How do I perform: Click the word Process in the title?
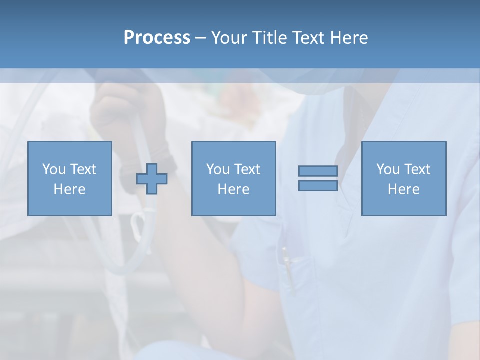pyautogui.click(x=157, y=38)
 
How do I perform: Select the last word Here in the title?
pyautogui.click(x=349, y=38)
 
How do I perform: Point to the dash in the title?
pyautogui.click(x=201, y=38)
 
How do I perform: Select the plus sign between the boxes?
pyautogui.click(x=152, y=179)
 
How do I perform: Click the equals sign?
pyautogui.click(x=318, y=178)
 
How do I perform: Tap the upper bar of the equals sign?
pyautogui.click(x=318, y=171)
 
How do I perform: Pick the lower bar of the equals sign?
pyautogui.click(x=318, y=186)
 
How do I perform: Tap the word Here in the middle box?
pyautogui.click(x=233, y=189)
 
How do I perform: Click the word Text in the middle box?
pyautogui.click(x=247, y=169)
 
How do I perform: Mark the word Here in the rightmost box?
pyautogui.click(x=403, y=189)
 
